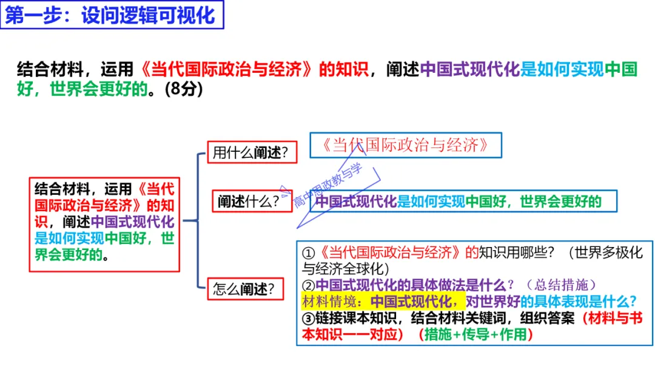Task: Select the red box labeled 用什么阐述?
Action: (x=251, y=152)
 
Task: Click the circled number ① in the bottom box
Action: (x=309, y=253)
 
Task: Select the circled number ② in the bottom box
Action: (x=309, y=285)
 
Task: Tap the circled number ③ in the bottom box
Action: (x=309, y=318)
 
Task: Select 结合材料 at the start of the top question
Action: (x=42, y=70)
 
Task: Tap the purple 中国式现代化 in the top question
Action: (x=470, y=70)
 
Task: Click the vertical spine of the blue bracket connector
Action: (x=198, y=220)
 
